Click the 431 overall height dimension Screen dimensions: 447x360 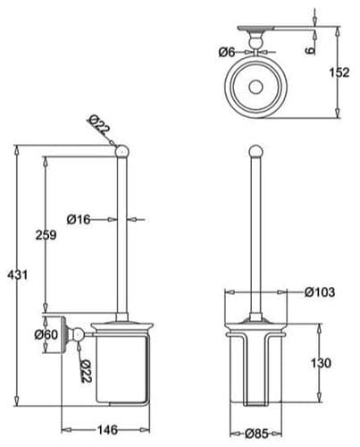pos(13,274)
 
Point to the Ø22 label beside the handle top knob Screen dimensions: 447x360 pos(100,127)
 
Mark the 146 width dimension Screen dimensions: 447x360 pos(107,430)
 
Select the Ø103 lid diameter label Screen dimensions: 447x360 pos(318,292)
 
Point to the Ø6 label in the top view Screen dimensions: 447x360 pos(226,52)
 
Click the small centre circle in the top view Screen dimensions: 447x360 pos(255,89)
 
